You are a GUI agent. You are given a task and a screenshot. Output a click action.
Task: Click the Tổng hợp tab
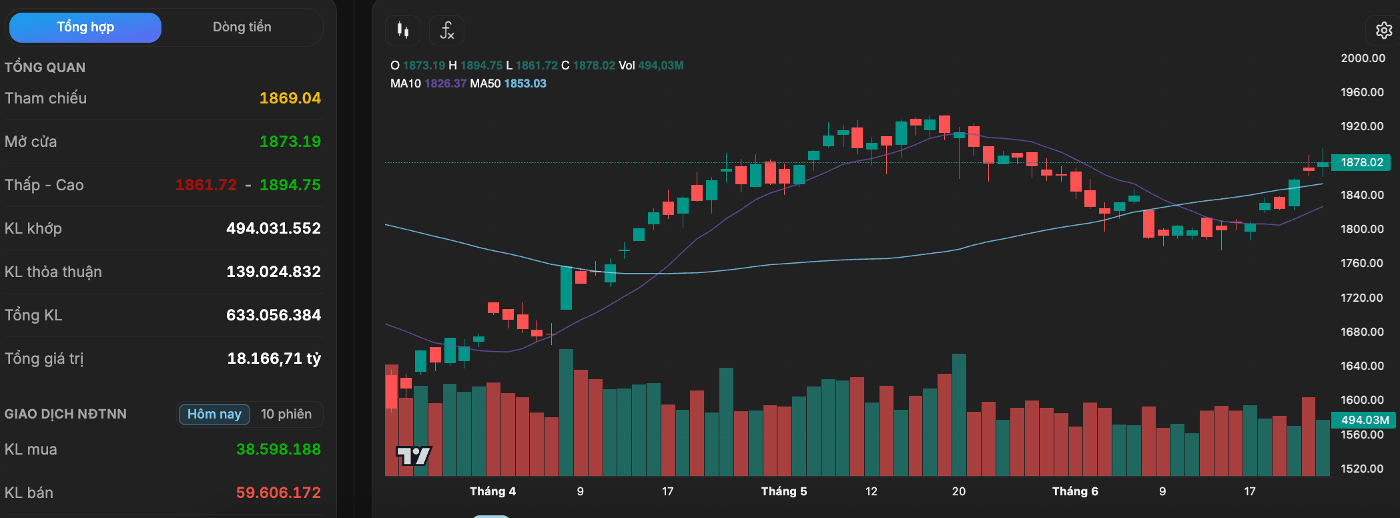pyautogui.click(x=85, y=27)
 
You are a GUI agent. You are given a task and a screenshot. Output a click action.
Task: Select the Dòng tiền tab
pyautogui.click(x=242, y=27)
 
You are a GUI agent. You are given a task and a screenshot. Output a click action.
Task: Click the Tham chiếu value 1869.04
pyautogui.click(x=290, y=98)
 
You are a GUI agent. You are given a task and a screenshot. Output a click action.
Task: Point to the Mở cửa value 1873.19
pyautogui.click(x=290, y=142)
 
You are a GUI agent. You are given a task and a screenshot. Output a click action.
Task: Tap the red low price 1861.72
pyautogui.click(x=206, y=185)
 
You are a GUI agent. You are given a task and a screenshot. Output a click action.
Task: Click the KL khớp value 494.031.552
pyautogui.click(x=274, y=228)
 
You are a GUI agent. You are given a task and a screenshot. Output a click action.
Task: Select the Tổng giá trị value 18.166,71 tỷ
pyautogui.click(x=274, y=358)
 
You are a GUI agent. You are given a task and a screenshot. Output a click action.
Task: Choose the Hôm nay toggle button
pyautogui.click(x=214, y=415)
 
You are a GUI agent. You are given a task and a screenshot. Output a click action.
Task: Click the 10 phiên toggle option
pyautogui.click(x=286, y=415)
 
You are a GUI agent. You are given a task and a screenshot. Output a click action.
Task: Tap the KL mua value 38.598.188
pyautogui.click(x=279, y=449)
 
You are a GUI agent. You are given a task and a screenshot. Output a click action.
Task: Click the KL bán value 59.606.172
pyautogui.click(x=279, y=493)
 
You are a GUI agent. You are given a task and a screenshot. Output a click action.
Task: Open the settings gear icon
pyautogui.click(x=1384, y=30)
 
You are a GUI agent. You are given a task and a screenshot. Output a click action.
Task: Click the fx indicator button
pyautogui.click(x=446, y=30)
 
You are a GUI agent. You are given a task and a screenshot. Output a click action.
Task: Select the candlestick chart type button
pyautogui.click(x=402, y=30)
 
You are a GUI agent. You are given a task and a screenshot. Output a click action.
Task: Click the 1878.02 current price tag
pyautogui.click(x=1362, y=162)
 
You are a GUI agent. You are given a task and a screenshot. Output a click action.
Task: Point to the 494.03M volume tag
pyautogui.click(x=1364, y=420)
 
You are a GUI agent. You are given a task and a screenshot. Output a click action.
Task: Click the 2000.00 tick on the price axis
pyautogui.click(x=1363, y=58)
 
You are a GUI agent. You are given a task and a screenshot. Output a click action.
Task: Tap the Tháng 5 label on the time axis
pyautogui.click(x=784, y=491)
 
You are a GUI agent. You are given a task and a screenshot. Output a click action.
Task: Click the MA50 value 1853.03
pyautogui.click(x=525, y=83)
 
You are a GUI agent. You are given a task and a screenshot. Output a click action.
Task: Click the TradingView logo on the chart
pyautogui.click(x=414, y=456)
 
